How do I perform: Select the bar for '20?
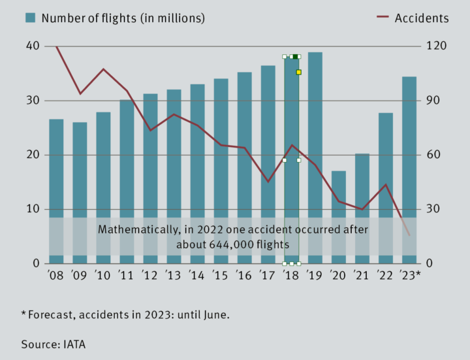tap(339, 196)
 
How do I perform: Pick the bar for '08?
tap(56, 170)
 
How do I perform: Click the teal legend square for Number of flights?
tap(31, 18)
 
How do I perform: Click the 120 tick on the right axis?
tap(435, 46)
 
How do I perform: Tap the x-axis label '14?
tap(196, 276)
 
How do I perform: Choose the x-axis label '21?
tap(362, 276)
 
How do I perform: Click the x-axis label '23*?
tap(410, 276)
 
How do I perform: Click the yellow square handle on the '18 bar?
tap(298, 73)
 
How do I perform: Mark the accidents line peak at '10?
tap(103, 69)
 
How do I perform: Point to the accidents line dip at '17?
tap(268, 181)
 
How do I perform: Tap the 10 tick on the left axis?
tap(33, 209)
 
